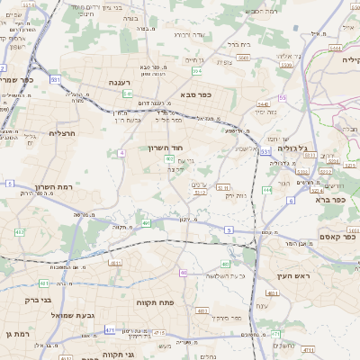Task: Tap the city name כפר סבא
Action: [x=196, y=94]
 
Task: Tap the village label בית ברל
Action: [x=238, y=42]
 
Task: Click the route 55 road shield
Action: [x=283, y=97]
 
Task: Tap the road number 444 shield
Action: [x=267, y=190]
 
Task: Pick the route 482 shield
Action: [x=21, y=232]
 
